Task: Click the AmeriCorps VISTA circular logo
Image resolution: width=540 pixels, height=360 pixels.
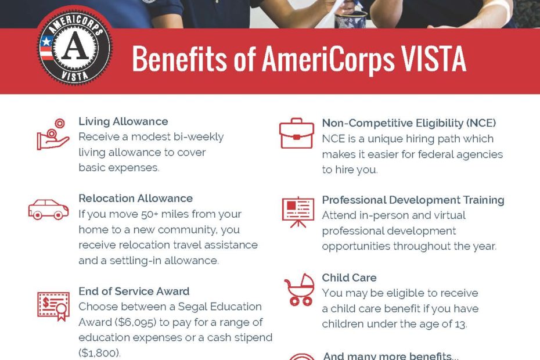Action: (74, 47)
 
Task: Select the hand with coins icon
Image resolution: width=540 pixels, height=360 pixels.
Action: (53, 134)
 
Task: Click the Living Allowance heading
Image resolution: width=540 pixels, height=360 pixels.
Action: (123, 121)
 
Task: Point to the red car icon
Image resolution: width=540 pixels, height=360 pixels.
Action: (48, 209)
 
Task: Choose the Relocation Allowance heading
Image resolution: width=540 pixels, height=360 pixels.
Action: (136, 199)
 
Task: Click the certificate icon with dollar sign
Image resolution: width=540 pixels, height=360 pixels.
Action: (53, 306)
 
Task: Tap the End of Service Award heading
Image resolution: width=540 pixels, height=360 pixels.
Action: (134, 291)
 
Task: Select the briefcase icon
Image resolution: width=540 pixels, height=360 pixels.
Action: (297, 134)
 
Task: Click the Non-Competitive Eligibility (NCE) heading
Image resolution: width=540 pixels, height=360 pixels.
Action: (409, 123)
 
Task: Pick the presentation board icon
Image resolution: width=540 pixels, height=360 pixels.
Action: (298, 212)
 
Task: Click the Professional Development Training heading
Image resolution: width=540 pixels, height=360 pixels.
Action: (413, 200)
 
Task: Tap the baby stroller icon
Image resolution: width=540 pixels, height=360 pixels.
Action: (299, 290)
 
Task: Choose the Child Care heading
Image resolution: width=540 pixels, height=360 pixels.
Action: (349, 278)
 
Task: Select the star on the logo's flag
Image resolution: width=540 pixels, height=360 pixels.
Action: (46, 42)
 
